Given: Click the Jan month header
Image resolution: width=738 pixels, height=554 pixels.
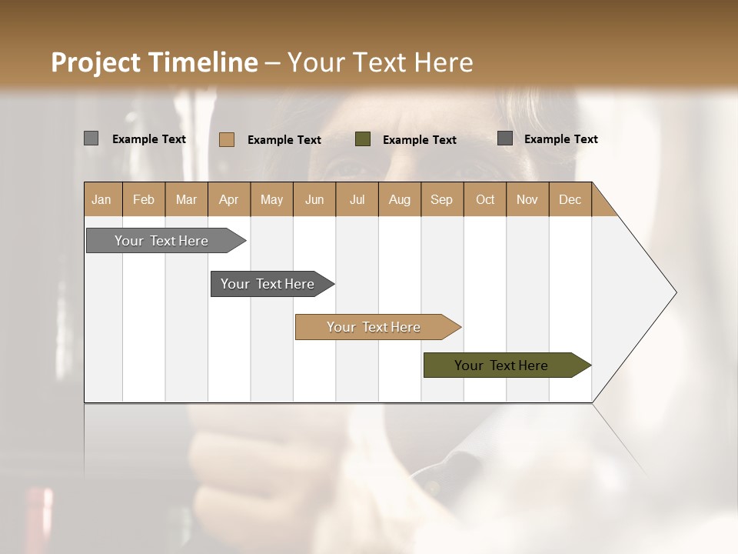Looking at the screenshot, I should point(102,199).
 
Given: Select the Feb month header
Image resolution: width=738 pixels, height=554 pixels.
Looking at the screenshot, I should point(144,199).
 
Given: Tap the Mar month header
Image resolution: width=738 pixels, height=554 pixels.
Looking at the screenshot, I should point(186,199).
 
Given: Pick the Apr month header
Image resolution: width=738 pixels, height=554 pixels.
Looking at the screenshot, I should point(229,199).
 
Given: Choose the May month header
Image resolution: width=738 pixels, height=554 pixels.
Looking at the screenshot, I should point(271,199).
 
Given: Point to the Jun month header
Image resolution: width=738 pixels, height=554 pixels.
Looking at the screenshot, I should point(314,199).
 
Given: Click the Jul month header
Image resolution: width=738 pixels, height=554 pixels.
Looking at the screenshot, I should point(357,199).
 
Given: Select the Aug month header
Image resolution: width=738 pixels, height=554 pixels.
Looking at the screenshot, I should point(400,199).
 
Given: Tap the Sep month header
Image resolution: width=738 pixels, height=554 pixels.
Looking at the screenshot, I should point(442,199).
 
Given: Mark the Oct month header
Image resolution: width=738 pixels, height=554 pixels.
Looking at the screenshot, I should point(485,199).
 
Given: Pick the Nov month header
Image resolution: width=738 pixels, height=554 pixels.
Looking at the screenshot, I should point(527,199).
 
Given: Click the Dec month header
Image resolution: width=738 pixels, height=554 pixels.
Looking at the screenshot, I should point(570,199).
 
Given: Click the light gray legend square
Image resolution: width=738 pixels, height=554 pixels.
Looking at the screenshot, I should point(91,138).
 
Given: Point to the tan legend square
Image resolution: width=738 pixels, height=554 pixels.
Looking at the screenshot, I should point(227,139).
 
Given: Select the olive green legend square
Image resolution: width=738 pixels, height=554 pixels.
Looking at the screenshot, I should point(363,139).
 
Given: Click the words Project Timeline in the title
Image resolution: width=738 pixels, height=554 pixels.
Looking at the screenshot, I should point(155,62).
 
